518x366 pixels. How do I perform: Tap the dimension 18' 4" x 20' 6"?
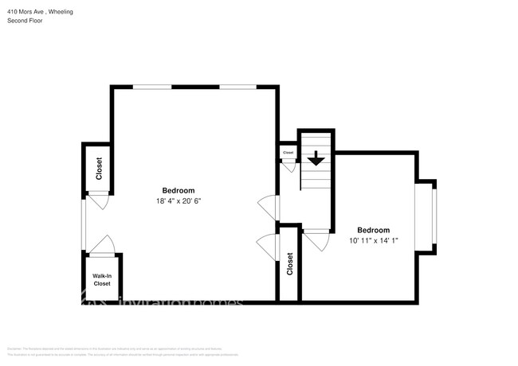tap(179, 201)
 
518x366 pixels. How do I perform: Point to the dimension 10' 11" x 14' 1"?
tap(373, 240)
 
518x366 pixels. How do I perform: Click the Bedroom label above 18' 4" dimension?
tap(179, 190)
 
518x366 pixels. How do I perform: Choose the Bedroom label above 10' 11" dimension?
tap(373, 229)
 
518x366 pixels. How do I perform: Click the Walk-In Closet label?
tap(102, 279)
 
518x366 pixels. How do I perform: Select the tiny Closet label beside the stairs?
tap(288, 152)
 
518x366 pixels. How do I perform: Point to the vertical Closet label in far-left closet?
tap(100, 169)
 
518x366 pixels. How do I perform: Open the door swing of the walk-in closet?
tap(101, 245)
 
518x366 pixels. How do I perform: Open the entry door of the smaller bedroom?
tap(317, 239)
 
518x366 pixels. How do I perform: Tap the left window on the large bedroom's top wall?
tap(151, 86)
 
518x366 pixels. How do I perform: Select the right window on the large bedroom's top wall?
tap(237, 86)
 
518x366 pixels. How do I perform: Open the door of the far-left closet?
tap(99, 202)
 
